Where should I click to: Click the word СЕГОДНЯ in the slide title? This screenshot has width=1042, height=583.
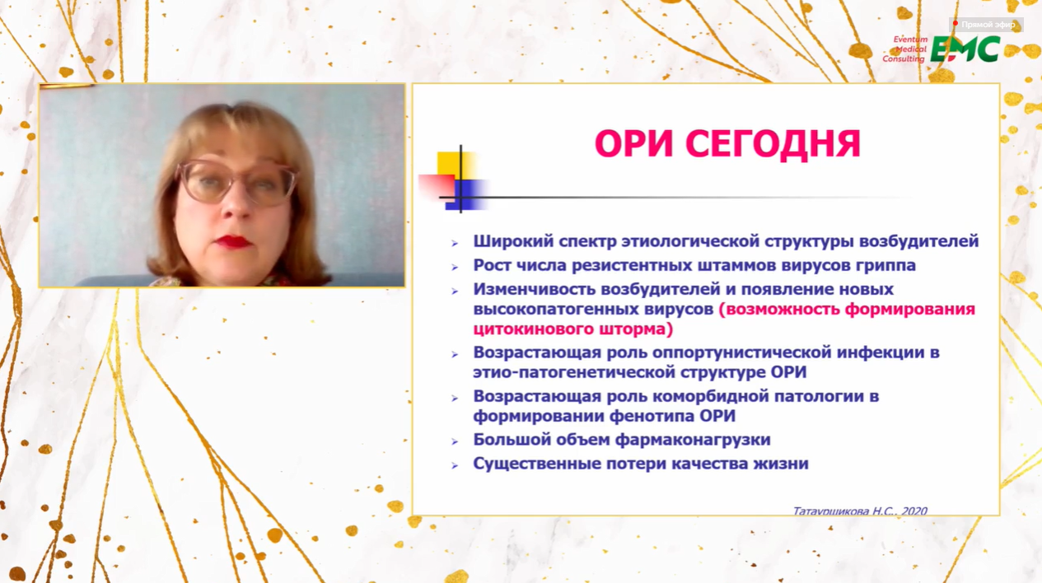(x=773, y=144)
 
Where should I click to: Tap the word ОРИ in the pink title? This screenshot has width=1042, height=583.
(x=633, y=143)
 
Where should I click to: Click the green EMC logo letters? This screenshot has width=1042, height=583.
(x=965, y=49)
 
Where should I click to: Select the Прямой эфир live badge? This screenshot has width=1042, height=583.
(x=986, y=24)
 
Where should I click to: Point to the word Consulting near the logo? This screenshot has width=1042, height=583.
(x=904, y=59)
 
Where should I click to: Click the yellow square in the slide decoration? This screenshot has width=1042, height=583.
(x=456, y=166)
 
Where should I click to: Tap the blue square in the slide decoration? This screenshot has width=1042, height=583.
(x=465, y=195)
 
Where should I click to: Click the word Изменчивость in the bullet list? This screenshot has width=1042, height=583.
(x=534, y=289)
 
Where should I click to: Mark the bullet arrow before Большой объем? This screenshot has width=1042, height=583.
(x=455, y=441)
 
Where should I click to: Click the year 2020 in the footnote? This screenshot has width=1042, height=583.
(x=914, y=511)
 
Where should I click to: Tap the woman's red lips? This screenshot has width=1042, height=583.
(x=231, y=242)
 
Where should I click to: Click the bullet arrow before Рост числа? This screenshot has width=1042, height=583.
(x=455, y=268)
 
